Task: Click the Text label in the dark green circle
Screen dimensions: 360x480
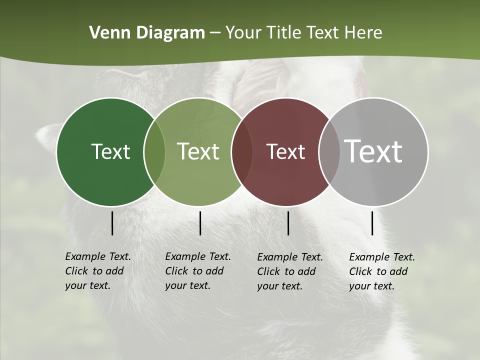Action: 110,151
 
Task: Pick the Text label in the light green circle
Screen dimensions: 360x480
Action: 198,151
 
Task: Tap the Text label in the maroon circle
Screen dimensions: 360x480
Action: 285,151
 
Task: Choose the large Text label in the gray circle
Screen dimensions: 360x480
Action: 373,151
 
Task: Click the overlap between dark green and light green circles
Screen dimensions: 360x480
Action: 154,152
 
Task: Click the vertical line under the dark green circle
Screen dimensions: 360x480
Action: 112,223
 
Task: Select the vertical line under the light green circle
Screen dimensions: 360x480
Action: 200,223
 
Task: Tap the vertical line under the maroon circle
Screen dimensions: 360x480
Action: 288,223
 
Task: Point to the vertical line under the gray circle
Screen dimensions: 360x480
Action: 372,223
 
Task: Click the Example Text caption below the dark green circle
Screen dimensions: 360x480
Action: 98,271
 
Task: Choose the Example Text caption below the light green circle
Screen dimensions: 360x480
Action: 198,271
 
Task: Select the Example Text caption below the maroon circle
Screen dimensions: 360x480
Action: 290,271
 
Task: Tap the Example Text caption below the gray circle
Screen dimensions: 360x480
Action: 382,271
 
